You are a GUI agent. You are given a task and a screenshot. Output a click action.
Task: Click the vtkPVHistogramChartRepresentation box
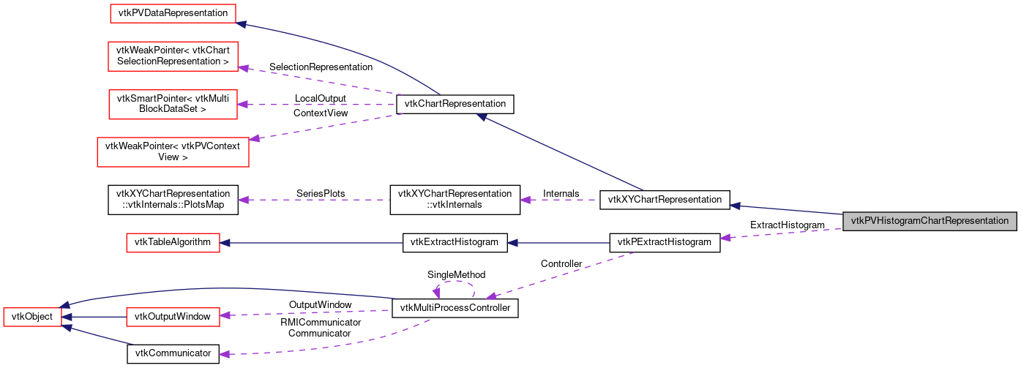point(930,221)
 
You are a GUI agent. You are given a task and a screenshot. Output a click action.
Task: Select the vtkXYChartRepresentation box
point(665,199)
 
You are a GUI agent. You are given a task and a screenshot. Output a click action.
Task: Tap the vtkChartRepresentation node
point(455,105)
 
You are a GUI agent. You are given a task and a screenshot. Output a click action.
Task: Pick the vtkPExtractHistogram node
point(665,242)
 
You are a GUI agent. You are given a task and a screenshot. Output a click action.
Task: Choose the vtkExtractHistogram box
point(455,242)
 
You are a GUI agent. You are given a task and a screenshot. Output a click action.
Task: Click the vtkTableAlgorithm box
point(173,242)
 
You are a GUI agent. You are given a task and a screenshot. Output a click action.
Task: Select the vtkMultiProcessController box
point(455,309)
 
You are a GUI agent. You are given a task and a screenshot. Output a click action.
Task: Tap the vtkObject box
point(33,317)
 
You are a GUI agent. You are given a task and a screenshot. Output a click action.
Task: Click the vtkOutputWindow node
point(173,317)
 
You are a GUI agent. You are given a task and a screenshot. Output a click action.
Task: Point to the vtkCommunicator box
point(173,353)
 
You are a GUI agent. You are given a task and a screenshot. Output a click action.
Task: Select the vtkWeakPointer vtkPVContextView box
point(173,151)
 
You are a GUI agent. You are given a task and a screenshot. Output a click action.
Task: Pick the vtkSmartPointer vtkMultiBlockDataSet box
point(173,104)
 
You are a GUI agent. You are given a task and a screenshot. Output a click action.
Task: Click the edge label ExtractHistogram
point(788,225)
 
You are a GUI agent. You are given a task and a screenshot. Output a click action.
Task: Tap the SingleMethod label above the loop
point(456,275)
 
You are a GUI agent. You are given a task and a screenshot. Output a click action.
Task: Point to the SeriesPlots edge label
point(320,194)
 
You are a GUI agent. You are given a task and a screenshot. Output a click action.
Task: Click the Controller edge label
point(561,263)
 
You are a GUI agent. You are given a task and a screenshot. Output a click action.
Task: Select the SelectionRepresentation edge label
point(321,67)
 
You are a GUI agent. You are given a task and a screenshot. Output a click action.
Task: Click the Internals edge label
point(561,193)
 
